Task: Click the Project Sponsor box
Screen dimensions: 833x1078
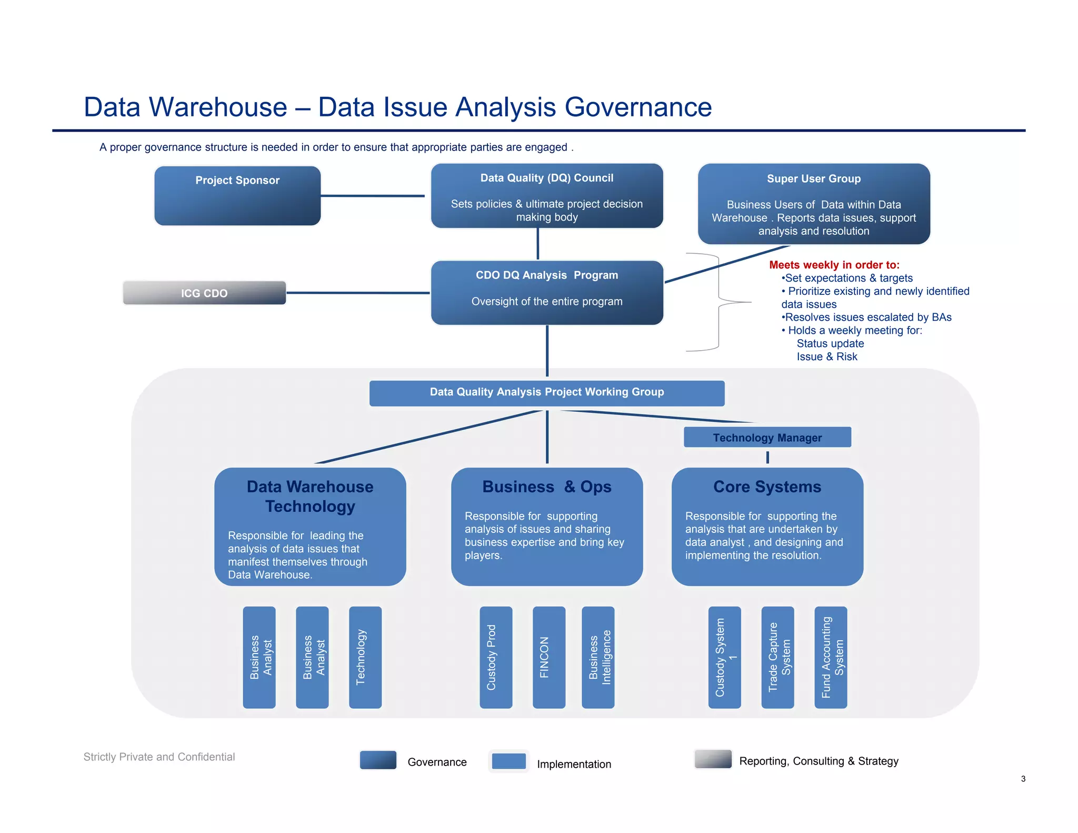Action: click(x=237, y=196)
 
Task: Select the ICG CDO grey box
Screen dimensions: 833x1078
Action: click(x=204, y=293)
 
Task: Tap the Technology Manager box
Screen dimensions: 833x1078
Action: click(x=767, y=437)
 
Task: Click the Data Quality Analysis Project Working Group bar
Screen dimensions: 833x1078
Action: click(x=547, y=393)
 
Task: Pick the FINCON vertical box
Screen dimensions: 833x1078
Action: click(x=548, y=657)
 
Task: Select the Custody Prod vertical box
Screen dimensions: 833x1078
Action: click(x=495, y=657)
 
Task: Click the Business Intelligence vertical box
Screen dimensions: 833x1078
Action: click(x=598, y=657)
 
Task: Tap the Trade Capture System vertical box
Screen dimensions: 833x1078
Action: click(x=777, y=657)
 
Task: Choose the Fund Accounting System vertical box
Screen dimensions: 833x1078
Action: click(x=831, y=657)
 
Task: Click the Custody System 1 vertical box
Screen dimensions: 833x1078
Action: click(x=724, y=657)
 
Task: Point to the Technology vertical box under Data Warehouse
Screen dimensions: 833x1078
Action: click(x=365, y=657)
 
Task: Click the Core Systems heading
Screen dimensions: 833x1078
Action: click(x=767, y=487)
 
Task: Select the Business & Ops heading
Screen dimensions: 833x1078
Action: click(x=547, y=487)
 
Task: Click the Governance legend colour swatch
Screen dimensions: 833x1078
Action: click(x=378, y=760)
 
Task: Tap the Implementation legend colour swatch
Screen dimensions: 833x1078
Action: click(x=508, y=761)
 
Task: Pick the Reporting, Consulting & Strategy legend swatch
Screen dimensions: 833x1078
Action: click(x=713, y=759)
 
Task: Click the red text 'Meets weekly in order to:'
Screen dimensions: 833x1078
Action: click(x=834, y=265)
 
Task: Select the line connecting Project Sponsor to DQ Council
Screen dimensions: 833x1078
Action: click(x=372, y=196)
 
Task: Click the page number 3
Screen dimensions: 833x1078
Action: click(x=1023, y=779)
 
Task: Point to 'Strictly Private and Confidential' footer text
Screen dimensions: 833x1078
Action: click(x=159, y=757)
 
